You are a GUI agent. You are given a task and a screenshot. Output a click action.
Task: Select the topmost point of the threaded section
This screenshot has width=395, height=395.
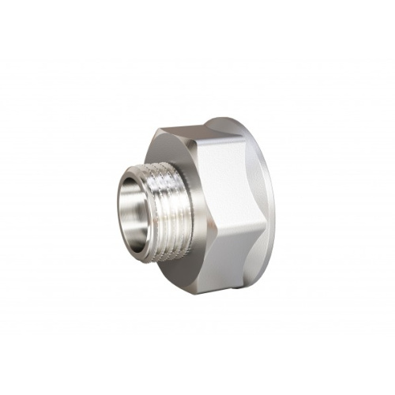(x=150, y=164)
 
